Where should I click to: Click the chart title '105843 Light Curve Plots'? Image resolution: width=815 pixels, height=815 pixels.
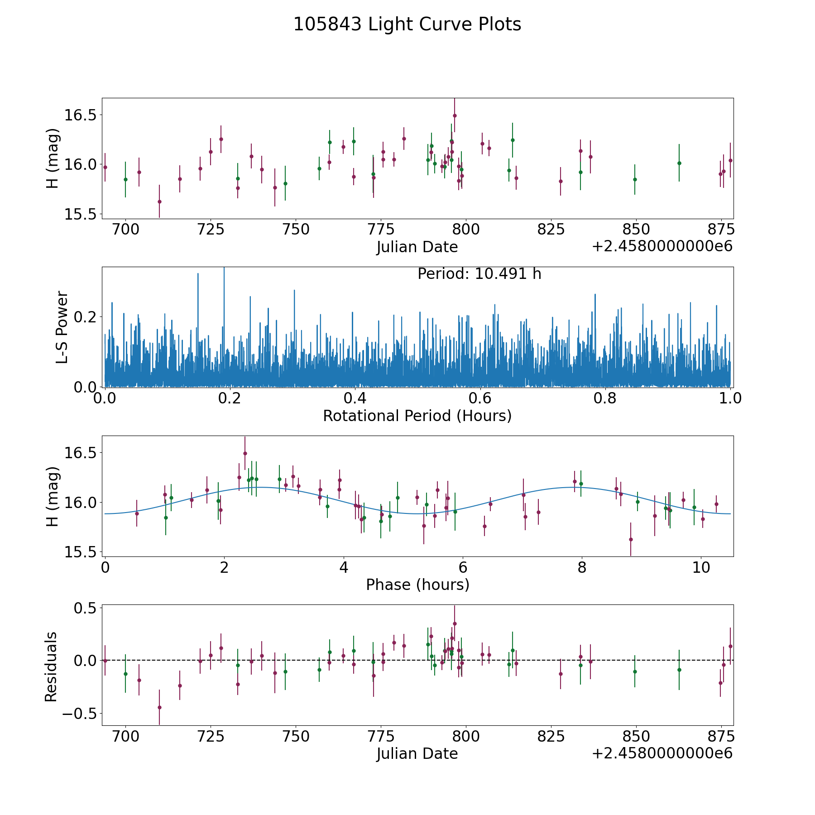pos(407,24)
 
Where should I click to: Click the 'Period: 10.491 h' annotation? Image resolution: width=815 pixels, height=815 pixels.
pos(479,274)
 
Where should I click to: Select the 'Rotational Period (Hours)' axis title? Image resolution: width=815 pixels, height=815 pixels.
pos(417,416)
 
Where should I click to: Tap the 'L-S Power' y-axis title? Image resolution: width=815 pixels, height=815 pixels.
pos(62,327)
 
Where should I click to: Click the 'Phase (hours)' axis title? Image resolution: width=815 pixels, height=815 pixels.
pos(417,585)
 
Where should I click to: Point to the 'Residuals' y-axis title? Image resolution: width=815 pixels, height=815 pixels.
pos(51,666)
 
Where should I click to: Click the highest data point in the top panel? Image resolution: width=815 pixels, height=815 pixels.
pos(455,115)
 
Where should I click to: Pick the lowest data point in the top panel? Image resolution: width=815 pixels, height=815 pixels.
pos(159,201)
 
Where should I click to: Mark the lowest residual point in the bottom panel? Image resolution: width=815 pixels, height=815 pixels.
pos(159,707)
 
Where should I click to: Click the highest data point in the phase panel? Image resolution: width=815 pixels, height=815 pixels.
pos(245,453)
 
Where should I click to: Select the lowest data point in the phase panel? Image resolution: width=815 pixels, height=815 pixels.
pos(631,539)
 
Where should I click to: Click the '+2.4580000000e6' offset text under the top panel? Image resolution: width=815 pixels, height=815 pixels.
pos(662,246)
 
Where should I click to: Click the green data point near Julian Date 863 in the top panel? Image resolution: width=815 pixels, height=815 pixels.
pos(679,163)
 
